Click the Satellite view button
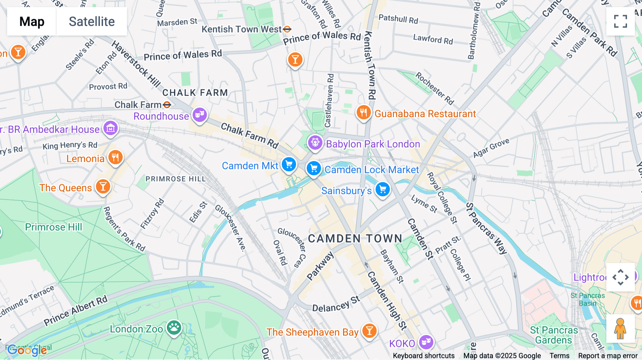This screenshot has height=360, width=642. [x=92, y=21]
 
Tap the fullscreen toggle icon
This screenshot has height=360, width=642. [x=620, y=21]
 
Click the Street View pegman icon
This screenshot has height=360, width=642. [x=620, y=328]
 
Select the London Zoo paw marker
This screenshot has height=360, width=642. [x=174, y=327]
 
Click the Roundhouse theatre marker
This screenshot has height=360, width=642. [x=200, y=115]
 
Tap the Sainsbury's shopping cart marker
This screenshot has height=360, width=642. [x=383, y=190]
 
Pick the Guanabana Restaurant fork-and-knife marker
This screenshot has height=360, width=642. [x=363, y=113]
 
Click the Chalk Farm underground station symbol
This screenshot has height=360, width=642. [x=167, y=105]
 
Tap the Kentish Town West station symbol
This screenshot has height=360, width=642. [x=287, y=29]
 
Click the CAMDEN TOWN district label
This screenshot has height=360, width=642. [x=355, y=238]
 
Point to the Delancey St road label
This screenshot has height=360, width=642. [x=336, y=304]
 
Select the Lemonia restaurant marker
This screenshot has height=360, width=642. [x=115, y=157]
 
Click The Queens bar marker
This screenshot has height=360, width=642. [x=103, y=186]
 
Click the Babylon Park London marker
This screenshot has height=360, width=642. [x=315, y=143]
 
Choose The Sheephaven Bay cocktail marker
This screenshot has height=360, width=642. [x=370, y=331]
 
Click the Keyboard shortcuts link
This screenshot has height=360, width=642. [x=423, y=356]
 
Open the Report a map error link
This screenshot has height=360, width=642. [x=608, y=356]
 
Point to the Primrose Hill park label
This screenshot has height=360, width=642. [x=53, y=227]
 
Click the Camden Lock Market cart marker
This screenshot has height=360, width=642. [x=314, y=168]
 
